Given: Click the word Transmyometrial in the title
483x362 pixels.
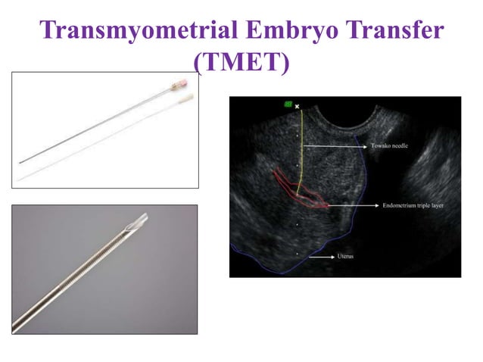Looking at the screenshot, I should (x=136, y=30).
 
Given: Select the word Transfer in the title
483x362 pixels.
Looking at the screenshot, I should (x=394, y=30).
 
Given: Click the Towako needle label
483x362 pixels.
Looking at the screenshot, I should (x=390, y=146).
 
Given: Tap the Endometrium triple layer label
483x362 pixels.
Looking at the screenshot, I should (x=410, y=205).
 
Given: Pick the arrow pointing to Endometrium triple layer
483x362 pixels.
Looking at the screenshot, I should (x=352, y=205).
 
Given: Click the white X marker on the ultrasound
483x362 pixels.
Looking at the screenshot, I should (x=298, y=106).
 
